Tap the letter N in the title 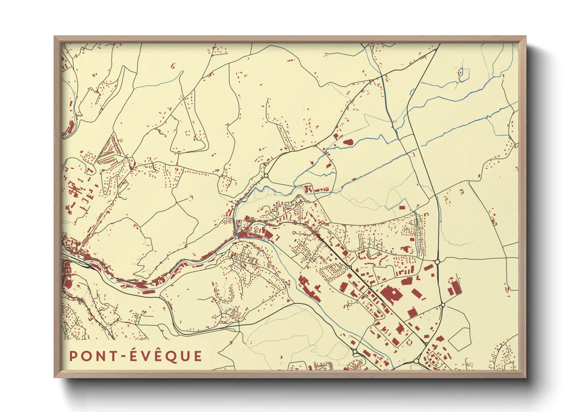click(x=102, y=356)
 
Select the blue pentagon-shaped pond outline click(x=464, y=75)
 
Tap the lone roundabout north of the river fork click(x=266, y=176)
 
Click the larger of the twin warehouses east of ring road click(x=455, y=287)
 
